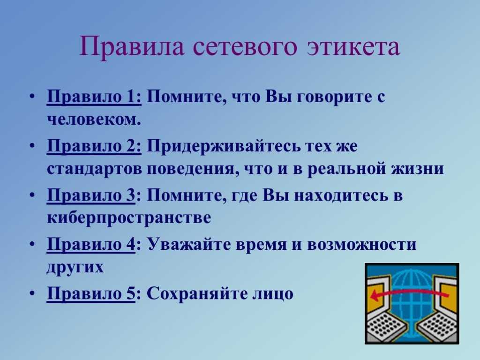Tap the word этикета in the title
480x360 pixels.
[x=353, y=47]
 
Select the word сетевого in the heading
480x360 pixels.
[x=245, y=47]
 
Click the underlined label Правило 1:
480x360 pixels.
[x=94, y=97]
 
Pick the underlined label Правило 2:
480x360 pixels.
[x=94, y=146]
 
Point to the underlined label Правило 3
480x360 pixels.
[x=90, y=195]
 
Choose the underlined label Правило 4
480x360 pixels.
[x=90, y=244]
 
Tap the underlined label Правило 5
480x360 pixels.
[x=90, y=293]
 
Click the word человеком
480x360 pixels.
[x=94, y=120]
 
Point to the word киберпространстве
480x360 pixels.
[x=129, y=218]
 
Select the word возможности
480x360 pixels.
[x=361, y=245]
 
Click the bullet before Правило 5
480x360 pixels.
[x=32, y=293]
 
